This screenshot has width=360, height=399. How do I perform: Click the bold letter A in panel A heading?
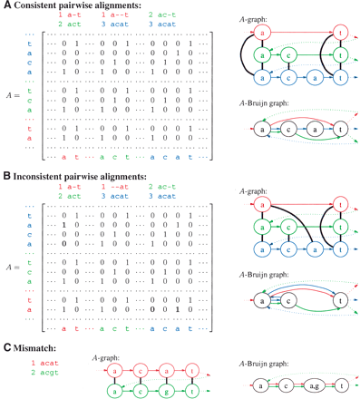(x=5, y=6)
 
